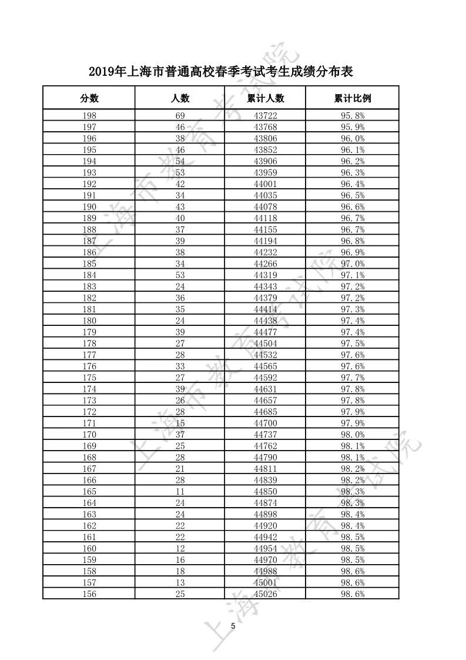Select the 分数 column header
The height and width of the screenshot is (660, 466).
89,98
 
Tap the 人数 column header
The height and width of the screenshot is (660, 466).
180,98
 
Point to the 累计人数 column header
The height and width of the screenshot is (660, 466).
265,98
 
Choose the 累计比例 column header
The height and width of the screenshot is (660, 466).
353,98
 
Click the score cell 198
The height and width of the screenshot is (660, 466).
89,116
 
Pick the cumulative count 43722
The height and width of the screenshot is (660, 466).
265,116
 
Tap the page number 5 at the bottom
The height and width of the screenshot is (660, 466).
233,625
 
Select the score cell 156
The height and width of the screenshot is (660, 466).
89,594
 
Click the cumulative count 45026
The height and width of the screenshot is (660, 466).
265,594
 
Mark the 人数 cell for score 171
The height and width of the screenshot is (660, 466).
180,424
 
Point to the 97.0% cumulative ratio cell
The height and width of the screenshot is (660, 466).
353,264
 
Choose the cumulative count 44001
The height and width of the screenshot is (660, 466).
265,184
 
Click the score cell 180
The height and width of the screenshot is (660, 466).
89,321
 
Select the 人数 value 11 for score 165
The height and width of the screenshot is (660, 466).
180,492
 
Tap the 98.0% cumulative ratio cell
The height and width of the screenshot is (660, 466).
353,435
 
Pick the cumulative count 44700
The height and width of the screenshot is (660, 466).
265,424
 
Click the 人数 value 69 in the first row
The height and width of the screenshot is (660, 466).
180,116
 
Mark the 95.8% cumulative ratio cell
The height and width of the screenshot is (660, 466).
353,116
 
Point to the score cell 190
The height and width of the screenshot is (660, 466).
89,207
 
